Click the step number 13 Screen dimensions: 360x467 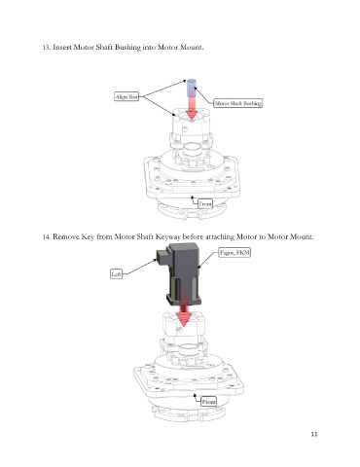47,48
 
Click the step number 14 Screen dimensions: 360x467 47,237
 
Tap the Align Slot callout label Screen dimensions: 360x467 126,96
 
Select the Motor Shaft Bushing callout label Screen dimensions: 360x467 238,103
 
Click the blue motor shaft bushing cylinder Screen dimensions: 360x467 192,88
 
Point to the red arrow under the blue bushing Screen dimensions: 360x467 192,108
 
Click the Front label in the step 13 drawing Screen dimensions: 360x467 205,203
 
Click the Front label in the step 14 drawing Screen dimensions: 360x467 208,402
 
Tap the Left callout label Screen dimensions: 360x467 117,274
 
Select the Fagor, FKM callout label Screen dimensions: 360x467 234,253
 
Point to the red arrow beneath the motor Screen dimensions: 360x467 184,311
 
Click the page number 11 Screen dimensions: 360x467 314,434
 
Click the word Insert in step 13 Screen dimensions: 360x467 62,48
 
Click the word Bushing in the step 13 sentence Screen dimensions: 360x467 127,48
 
